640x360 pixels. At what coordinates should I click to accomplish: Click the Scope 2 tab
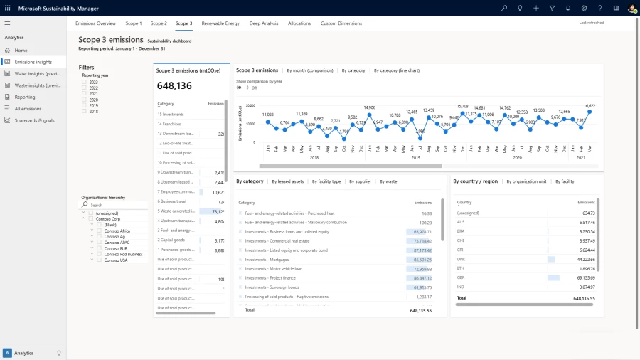(x=159, y=23)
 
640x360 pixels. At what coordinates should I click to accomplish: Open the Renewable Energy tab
(x=220, y=23)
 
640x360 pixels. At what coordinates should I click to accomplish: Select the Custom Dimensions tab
(x=341, y=23)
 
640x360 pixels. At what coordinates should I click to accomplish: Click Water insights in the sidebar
(x=37, y=73)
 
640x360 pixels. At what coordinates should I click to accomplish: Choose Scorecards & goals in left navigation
(x=34, y=120)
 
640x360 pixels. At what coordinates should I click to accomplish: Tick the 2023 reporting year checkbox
(x=85, y=82)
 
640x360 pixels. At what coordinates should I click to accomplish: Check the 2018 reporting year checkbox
(x=85, y=111)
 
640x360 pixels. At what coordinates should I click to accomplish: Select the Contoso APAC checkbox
(x=100, y=242)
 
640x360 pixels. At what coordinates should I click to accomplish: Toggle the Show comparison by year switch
(x=242, y=88)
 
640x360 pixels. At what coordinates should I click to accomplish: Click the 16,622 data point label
(x=590, y=105)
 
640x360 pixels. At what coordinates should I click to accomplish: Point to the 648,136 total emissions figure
(x=174, y=85)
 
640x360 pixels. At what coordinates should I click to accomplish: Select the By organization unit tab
(x=526, y=181)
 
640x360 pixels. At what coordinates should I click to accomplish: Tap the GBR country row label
(x=461, y=277)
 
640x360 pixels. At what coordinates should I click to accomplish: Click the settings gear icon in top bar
(x=584, y=8)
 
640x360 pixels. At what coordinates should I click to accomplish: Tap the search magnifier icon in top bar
(x=504, y=8)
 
